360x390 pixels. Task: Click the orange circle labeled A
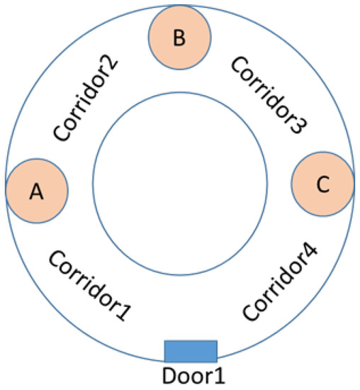coord(37,191)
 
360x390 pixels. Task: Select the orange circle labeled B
coord(179,38)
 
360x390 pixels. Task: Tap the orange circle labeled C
coord(322,184)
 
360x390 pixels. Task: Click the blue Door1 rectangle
coord(191,351)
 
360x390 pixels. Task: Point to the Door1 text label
coord(191,374)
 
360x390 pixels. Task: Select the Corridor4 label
coord(280,282)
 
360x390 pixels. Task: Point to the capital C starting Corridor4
coord(249,313)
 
